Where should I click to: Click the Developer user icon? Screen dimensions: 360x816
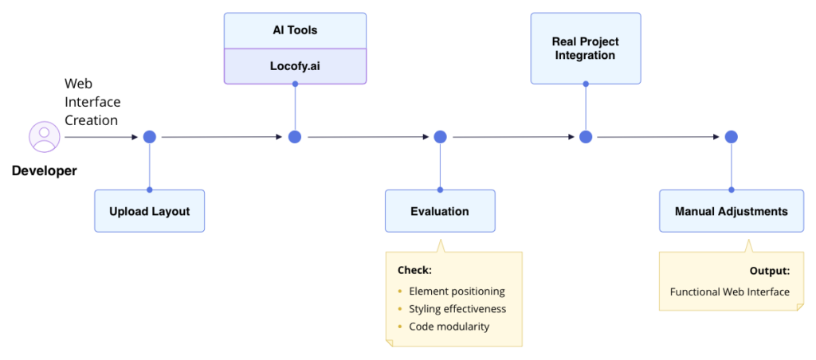tap(44, 136)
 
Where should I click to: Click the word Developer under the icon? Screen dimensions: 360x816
tap(45, 170)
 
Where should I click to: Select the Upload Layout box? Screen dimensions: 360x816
tap(149, 211)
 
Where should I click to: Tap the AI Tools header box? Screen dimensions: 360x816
tap(295, 30)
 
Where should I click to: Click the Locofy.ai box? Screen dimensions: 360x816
tap(295, 65)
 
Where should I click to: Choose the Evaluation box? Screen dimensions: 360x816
tap(440, 211)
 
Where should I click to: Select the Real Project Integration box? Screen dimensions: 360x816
tap(586, 48)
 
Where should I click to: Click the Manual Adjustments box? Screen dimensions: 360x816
tap(731, 211)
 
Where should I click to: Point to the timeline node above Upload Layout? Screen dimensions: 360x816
tap(149, 137)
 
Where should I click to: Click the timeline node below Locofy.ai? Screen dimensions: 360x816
tap(295, 137)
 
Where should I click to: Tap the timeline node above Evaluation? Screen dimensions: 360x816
tap(440, 137)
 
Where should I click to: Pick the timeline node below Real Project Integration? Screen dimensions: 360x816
tap(586, 137)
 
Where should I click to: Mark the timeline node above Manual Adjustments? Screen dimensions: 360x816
tap(731, 137)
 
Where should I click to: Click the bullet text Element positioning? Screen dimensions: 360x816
tap(457, 292)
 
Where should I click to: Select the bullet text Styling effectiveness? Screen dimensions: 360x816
tap(457, 309)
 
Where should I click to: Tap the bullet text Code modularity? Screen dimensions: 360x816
tap(449, 327)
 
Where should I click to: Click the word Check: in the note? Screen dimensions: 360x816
tap(414, 269)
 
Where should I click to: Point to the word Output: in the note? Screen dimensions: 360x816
tap(769, 271)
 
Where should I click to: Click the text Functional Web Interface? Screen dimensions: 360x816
tap(729, 292)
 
